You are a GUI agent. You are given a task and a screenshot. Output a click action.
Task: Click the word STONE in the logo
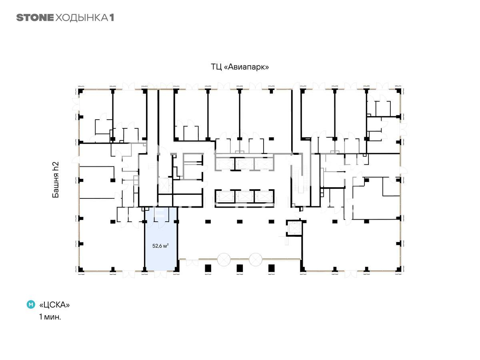(35, 18)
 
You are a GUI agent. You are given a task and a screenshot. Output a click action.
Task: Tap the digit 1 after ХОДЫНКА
(112, 18)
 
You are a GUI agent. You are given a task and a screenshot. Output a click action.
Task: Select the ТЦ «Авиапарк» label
(240, 67)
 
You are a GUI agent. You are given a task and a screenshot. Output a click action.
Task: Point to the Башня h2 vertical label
(56, 180)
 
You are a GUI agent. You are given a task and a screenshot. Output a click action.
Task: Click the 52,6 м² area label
(160, 246)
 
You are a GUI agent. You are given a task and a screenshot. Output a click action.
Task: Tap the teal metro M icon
(31, 304)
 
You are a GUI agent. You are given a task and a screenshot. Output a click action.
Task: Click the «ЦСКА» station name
(54, 305)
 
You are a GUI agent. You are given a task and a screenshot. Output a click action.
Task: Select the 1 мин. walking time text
(50, 317)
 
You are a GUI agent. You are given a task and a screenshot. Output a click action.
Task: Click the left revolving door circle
(224, 260)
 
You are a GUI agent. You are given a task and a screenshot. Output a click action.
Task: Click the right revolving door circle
(256, 260)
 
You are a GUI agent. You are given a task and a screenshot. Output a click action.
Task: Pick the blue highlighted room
(161, 239)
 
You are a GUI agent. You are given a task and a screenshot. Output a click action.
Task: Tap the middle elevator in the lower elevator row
(244, 196)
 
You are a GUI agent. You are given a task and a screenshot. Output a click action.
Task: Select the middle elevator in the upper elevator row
(244, 164)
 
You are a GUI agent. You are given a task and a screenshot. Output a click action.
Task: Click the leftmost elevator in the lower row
(225, 196)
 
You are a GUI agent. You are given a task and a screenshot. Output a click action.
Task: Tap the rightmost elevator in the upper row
(264, 164)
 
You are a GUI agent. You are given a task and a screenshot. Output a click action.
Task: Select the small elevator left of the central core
(164, 186)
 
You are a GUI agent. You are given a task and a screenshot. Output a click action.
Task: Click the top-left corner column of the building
(81, 91)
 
